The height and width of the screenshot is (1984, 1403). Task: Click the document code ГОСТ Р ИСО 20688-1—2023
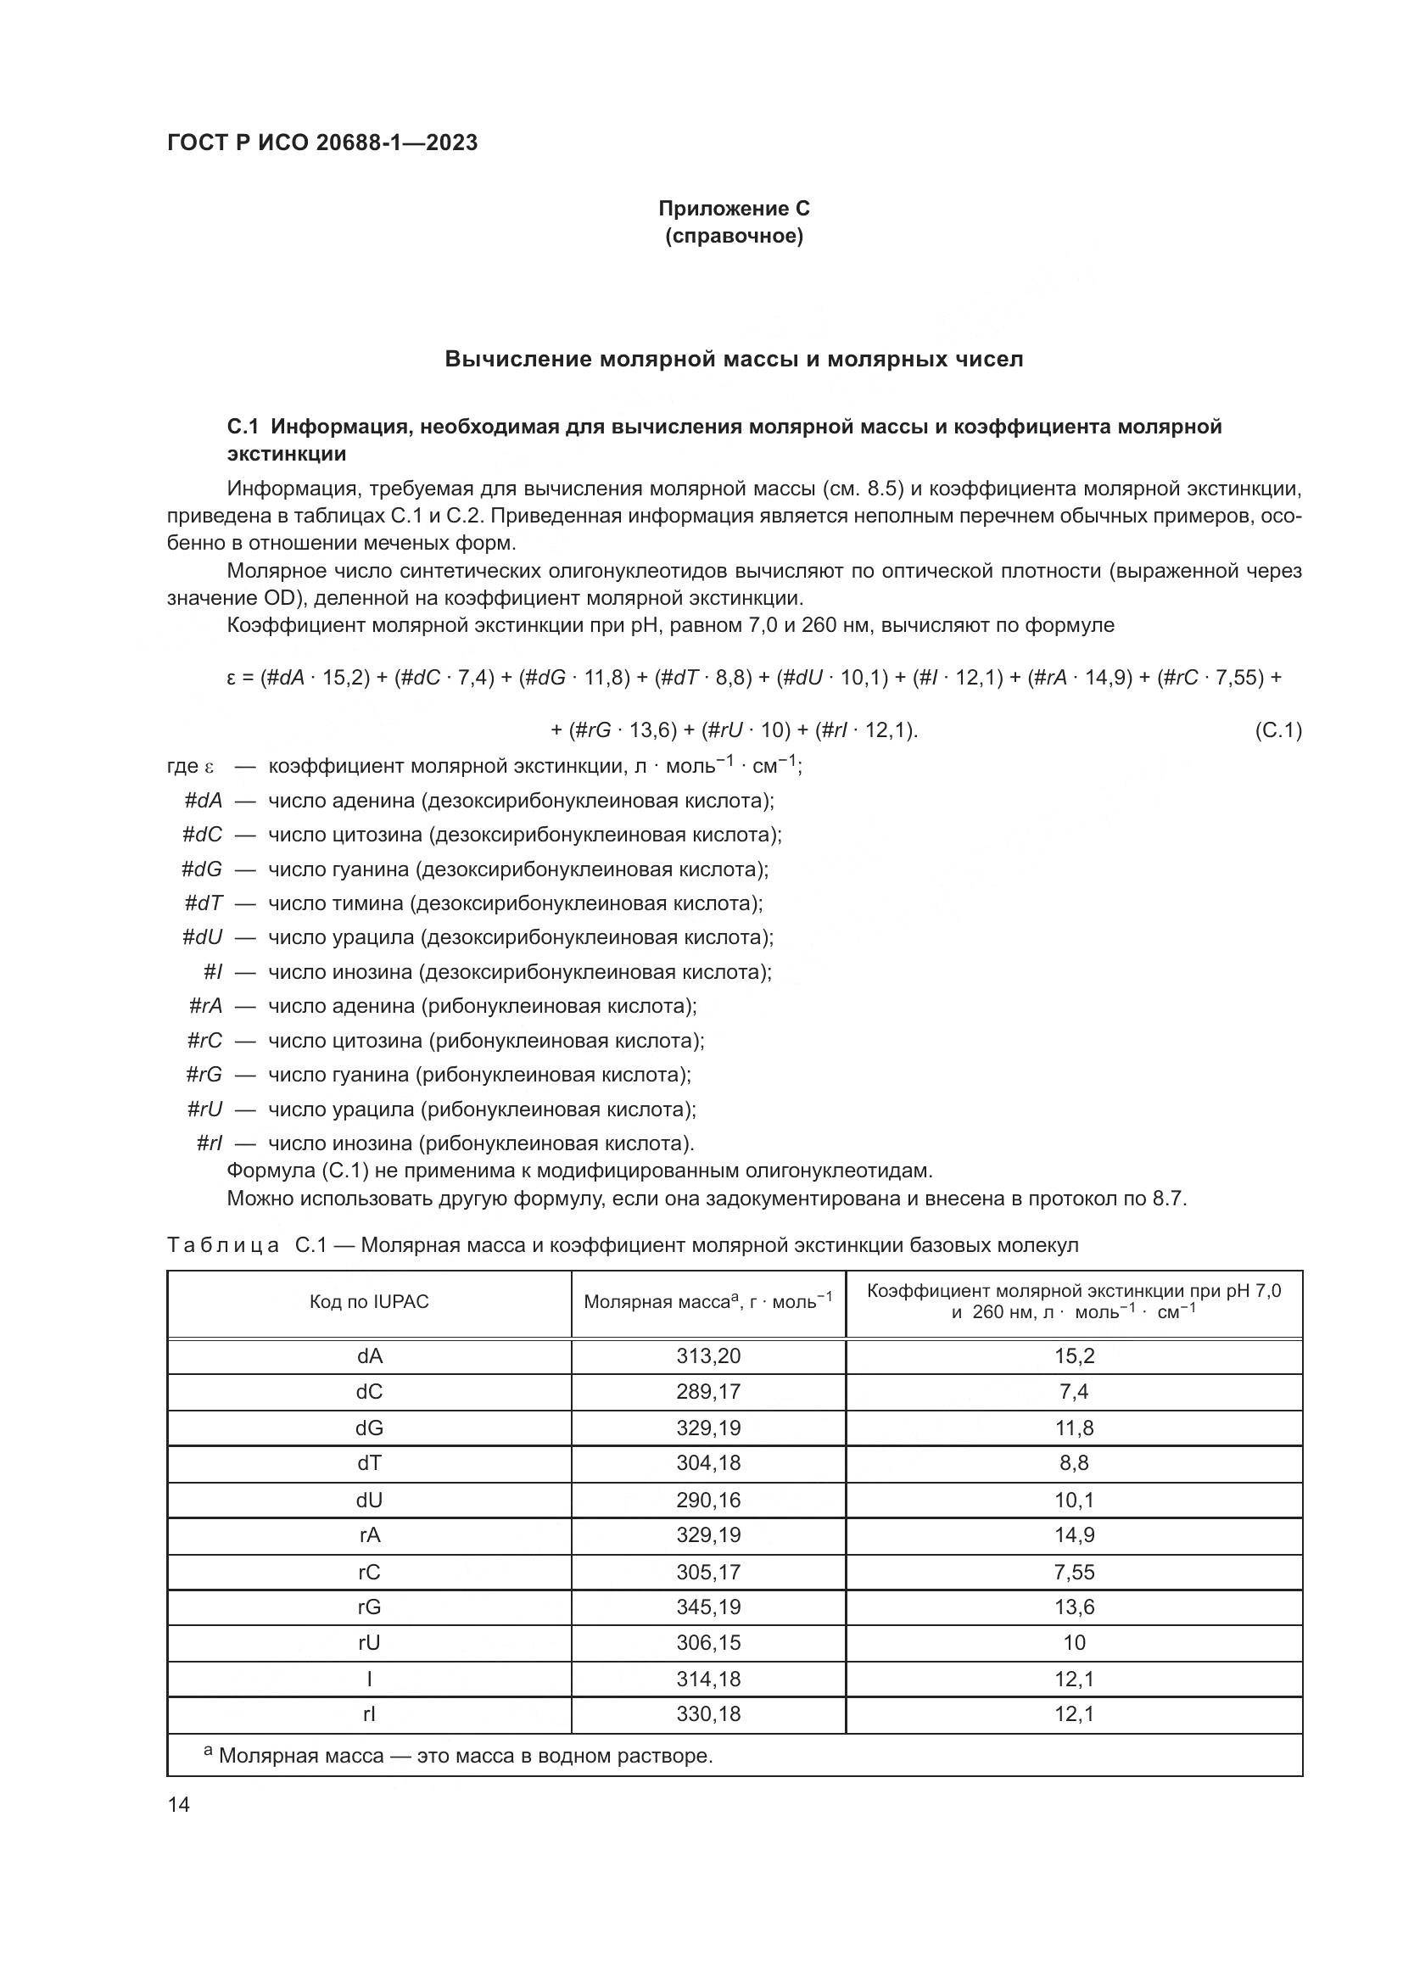(322, 143)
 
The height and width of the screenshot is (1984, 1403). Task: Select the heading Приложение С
(734, 209)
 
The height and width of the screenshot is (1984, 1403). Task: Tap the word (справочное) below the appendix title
(734, 236)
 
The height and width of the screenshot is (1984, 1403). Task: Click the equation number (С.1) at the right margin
(1277, 731)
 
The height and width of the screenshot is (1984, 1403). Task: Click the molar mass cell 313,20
(708, 1355)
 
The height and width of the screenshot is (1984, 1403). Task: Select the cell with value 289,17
(708, 1392)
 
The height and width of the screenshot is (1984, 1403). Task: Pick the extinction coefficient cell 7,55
(1074, 1572)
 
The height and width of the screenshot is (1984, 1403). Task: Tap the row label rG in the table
(369, 1607)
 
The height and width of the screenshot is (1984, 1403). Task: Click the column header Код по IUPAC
(369, 1302)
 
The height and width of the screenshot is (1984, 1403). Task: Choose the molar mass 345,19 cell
(708, 1607)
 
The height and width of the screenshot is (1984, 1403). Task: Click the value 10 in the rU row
(1074, 1643)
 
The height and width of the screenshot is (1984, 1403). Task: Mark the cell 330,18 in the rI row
(708, 1714)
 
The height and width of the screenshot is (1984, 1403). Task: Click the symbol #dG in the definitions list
(201, 869)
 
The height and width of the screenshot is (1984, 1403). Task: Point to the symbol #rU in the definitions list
(204, 1109)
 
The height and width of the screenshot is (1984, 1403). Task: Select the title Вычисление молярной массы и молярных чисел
(734, 360)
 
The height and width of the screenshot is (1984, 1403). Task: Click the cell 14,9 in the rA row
(1074, 1535)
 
